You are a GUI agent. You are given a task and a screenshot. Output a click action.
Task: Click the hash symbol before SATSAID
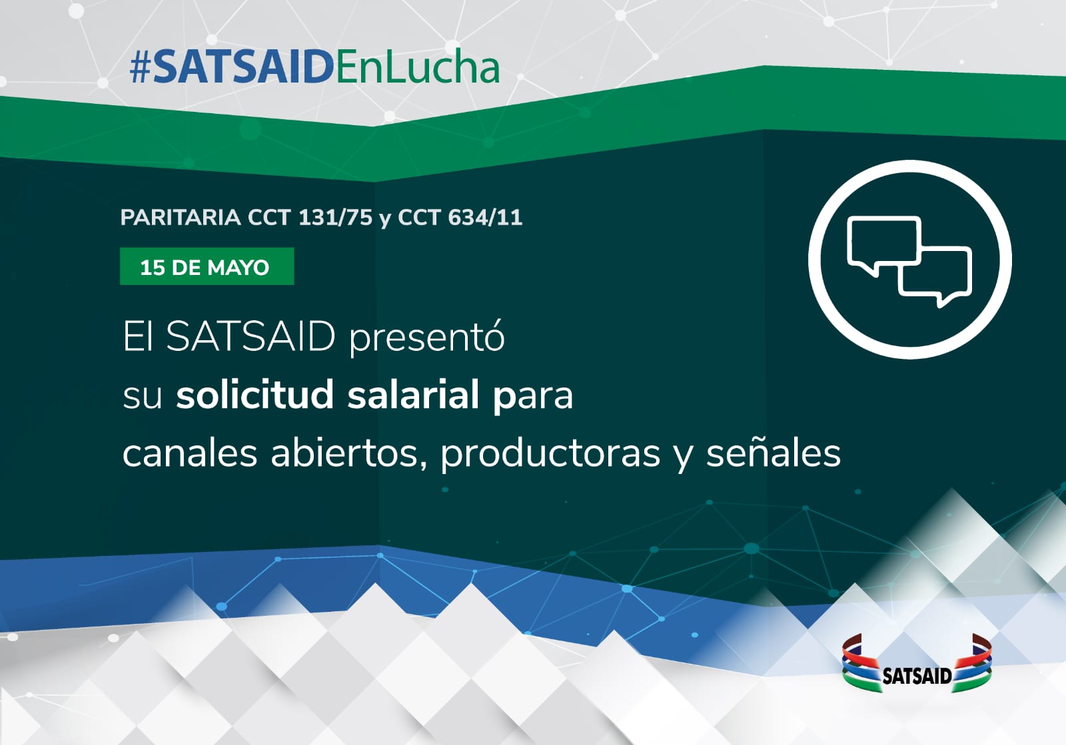(141, 67)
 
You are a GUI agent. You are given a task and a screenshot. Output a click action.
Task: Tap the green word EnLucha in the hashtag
(417, 67)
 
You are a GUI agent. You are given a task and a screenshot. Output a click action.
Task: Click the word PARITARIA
(181, 218)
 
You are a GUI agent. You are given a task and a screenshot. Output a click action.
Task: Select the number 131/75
(336, 218)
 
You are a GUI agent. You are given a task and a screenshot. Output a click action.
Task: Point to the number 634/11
(486, 218)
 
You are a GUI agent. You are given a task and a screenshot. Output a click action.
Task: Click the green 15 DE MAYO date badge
(207, 267)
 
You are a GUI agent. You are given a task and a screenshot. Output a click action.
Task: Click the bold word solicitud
(255, 394)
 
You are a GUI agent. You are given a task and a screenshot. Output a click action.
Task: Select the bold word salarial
(412, 394)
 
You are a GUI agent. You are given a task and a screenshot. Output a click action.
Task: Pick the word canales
(190, 453)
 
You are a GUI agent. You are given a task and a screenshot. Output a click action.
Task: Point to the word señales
(774, 453)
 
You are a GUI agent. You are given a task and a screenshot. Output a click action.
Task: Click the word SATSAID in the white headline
(251, 337)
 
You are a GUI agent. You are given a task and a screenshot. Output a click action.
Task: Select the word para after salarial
(533, 396)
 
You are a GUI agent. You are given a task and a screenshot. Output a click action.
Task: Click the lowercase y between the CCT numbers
(385, 220)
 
